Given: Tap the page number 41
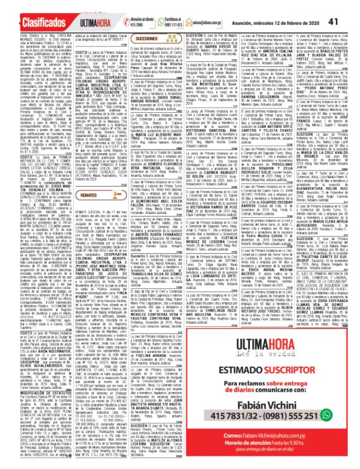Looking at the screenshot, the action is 349,7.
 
